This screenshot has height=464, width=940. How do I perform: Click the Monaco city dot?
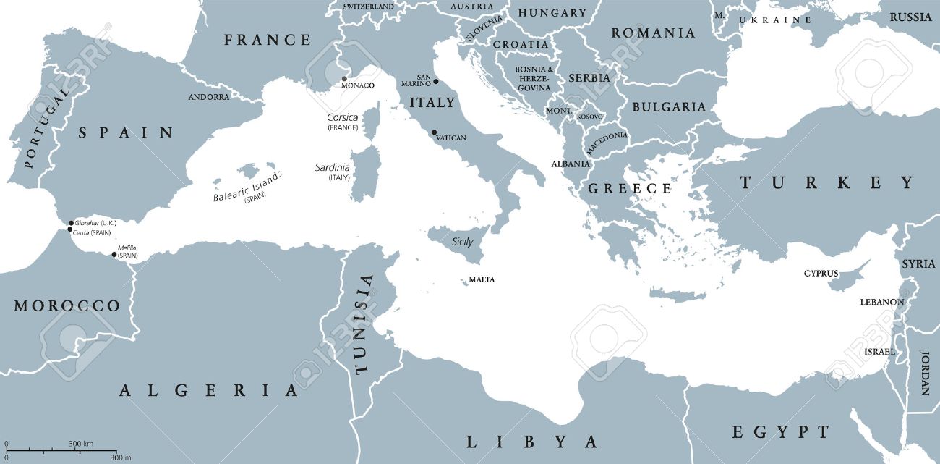pos(345,79)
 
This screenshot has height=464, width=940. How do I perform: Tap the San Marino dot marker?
pos(435,81)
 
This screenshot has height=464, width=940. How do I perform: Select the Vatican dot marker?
pos(434,132)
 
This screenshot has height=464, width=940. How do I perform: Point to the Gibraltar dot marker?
pos(71,223)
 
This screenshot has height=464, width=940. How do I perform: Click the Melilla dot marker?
pos(114,254)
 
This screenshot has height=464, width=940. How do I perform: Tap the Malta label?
pos(482,279)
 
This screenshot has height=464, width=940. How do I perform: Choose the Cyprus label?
pos(821,274)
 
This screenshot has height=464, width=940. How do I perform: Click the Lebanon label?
pos(881,302)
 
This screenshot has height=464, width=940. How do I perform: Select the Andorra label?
pos(208,97)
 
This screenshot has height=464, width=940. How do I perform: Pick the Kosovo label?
pos(589,117)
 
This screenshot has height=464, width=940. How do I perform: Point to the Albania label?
pos(571,164)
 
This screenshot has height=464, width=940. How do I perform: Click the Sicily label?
pos(462,242)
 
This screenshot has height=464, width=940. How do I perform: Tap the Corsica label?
pos(342,117)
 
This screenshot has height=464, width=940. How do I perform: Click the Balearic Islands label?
pos(247,186)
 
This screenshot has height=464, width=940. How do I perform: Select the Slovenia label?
pos(484,28)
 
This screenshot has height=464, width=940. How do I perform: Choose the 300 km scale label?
pos(81,443)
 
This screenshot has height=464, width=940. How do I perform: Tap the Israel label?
pos(879,352)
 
